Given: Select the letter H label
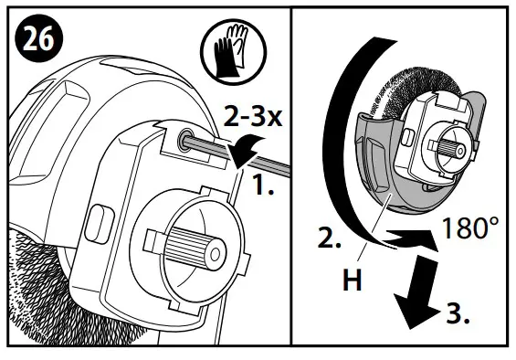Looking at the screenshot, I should click(350, 281).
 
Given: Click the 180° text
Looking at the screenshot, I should click(472, 228).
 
